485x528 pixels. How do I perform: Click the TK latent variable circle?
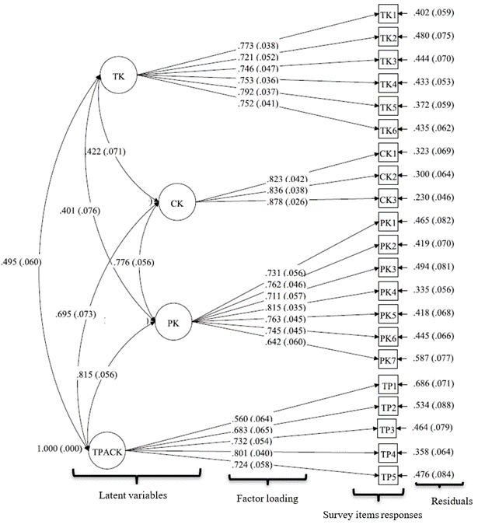tap(119, 75)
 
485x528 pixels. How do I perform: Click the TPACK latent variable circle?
tap(106, 449)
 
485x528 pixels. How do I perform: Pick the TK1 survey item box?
tap(388, 15)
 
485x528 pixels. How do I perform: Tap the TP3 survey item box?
tap(388, 429)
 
